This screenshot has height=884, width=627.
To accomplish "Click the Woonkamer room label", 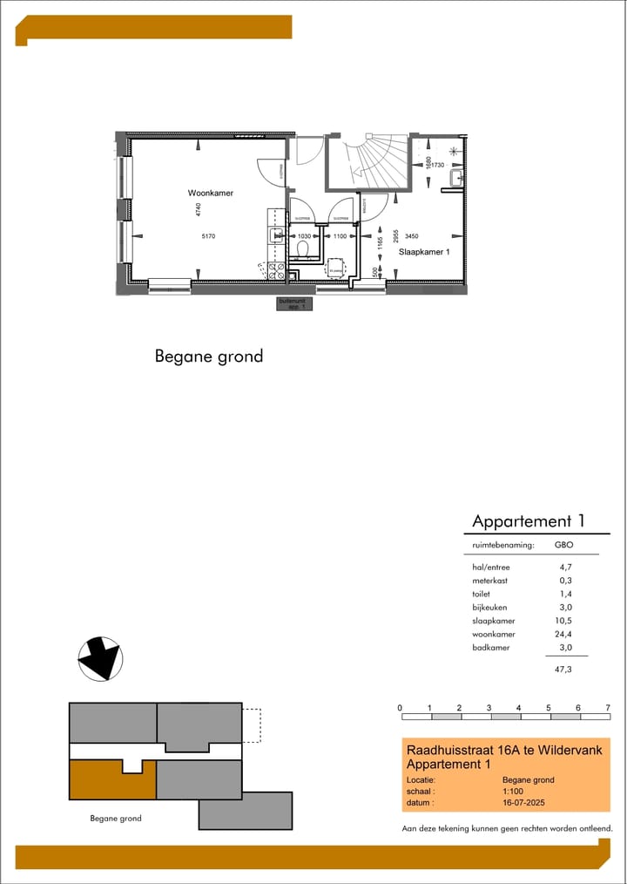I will (x=210, y=193).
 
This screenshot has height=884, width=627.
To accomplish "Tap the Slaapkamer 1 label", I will (x=424, y=251).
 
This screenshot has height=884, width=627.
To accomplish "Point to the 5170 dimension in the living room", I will (x=207, y=236).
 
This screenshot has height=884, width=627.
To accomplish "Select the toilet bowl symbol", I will (x=304, y=250).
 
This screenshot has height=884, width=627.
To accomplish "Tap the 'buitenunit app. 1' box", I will (x=293, y=304).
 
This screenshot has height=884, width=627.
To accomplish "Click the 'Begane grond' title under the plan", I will (x=208, y=356).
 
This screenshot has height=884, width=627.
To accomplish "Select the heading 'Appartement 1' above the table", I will (x=528, y=521).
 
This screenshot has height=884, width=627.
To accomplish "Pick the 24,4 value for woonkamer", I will (x=563, y=634).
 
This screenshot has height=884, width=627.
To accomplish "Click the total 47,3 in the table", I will (x=563, y=670).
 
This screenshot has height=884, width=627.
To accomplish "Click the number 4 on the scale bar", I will (x=518, y=707).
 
